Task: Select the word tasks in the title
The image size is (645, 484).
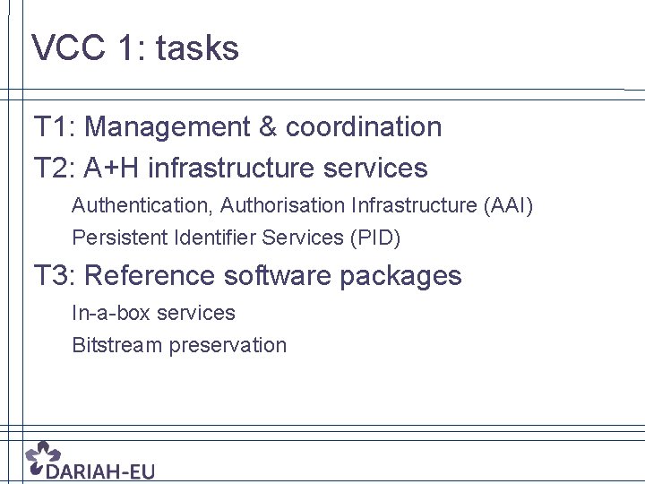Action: (x=197, y=48)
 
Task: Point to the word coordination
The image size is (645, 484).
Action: (x=364, y=127)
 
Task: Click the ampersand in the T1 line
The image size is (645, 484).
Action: (x=268, y=127)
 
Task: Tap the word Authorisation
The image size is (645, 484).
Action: (x=282, y=206)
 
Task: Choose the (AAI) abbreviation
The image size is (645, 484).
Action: (x=508, y=206)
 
